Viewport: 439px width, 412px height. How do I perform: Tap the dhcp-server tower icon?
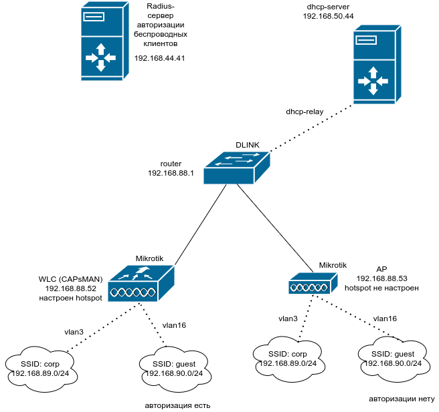(x=373, y=67)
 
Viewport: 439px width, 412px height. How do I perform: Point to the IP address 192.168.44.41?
(x=159, y=58)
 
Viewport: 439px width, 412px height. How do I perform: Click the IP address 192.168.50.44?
(x=328, y=15)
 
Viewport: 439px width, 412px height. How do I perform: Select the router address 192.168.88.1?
(x=170, y=173)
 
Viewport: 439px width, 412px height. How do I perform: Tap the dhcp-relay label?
(x=304, y=112)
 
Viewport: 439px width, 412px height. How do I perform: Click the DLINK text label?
(x=247, y=145)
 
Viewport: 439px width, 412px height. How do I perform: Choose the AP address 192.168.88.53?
(x=381, y=278)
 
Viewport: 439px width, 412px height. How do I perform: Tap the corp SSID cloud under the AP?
(x=288, y=358)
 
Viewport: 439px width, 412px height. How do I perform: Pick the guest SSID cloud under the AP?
(x=393, y=358)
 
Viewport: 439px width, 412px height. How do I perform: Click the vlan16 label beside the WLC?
(x=174, y=325)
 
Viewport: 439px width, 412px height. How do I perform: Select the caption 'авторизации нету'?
(x=402, y=399)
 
